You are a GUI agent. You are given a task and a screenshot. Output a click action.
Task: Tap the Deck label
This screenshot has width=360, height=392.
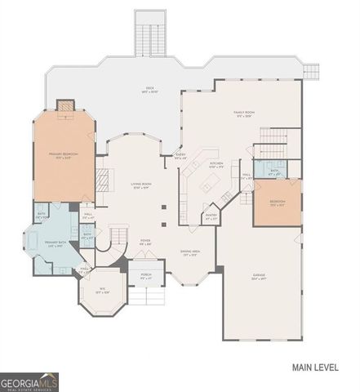(x=149, y=90)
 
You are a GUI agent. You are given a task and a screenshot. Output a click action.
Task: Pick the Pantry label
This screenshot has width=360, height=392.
(x=211, y=217)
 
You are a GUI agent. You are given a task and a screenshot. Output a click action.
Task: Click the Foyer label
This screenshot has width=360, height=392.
(x=145, y=243)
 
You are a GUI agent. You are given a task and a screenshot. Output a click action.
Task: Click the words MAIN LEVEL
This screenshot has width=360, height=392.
(x=314, y=367)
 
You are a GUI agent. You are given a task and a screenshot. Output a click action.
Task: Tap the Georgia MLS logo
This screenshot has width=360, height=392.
(x=29, y=379)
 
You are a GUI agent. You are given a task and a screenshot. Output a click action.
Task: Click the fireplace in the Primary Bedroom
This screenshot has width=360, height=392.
(x=64, y=106)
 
